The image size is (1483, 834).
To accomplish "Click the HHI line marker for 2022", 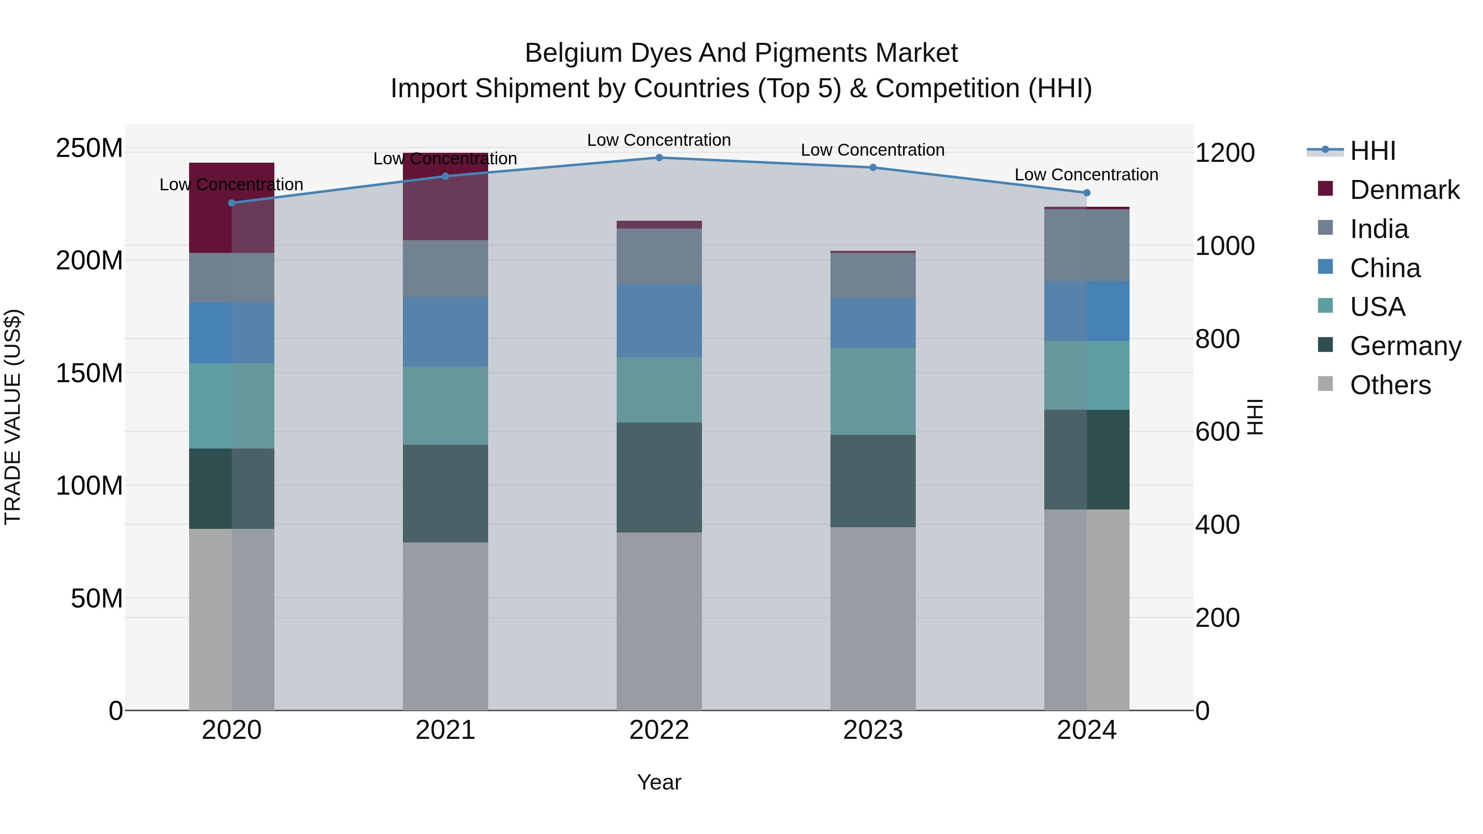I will (x=659, y=157).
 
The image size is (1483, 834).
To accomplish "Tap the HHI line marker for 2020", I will (x=232, y=203).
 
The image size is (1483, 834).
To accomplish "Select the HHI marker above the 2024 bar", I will (x=1086, y=193).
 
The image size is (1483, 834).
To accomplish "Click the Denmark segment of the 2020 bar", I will (x=232, y=208).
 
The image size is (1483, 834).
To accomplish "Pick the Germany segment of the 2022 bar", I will (x=659, y=477).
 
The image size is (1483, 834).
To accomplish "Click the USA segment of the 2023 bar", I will (x=873, y=391).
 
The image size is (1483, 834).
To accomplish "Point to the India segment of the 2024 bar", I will (x=1086, y=245).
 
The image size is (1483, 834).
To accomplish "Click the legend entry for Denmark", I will (x=1404, y=190).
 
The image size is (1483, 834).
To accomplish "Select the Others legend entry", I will (x=1390, y=385).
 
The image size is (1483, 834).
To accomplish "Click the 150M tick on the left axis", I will (x=89, y=373).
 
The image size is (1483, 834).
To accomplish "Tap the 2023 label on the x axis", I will (x=873, y=730).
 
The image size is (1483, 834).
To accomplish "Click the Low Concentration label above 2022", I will (x=659, y=140).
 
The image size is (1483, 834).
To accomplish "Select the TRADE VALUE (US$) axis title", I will (x=13, y=417).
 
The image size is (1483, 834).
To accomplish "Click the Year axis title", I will (x=659, y=782).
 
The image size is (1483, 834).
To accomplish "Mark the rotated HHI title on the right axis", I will (x=1256, y=417).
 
